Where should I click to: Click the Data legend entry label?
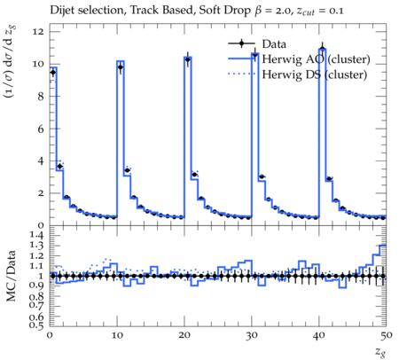274,44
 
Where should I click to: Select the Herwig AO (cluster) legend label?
316,59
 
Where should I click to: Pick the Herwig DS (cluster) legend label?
315,74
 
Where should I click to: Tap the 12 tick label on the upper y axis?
39,32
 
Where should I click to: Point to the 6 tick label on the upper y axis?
41,129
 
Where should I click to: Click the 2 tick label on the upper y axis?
42,193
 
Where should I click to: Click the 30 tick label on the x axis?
252,335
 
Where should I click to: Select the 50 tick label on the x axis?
386,335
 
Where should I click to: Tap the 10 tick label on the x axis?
117,335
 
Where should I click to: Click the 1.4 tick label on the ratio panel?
36,236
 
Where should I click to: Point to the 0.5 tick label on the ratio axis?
36,325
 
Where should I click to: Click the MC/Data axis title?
12,276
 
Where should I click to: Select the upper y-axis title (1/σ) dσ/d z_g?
10,62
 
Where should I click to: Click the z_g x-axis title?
380,352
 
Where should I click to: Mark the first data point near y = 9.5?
53,72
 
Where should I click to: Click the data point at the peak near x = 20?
187,59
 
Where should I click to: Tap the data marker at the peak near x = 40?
322,49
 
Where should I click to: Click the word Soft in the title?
208,11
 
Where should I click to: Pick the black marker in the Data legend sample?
241,43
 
